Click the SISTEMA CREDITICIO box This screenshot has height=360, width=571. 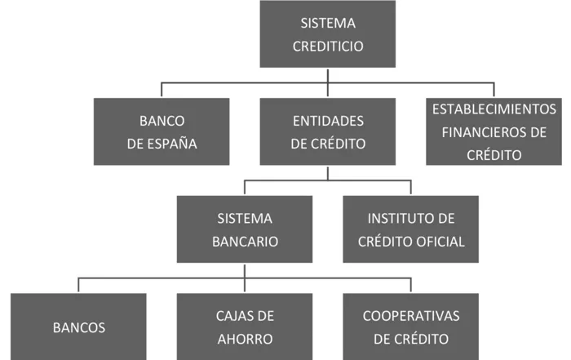327,34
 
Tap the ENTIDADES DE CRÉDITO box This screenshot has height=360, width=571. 327,131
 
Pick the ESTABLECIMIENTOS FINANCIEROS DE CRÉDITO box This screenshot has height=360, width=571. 494,131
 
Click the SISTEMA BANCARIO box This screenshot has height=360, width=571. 245,229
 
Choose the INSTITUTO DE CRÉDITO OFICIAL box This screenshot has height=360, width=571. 410,229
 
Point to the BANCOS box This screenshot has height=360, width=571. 78,327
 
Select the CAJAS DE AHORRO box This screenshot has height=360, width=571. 245,327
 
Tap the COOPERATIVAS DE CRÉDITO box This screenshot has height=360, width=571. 410,327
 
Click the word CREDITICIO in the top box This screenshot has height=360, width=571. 327,46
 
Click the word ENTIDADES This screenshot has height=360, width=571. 327,121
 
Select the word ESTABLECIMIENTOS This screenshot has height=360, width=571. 494,109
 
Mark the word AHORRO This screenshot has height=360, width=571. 245,338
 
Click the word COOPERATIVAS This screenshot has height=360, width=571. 410,315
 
